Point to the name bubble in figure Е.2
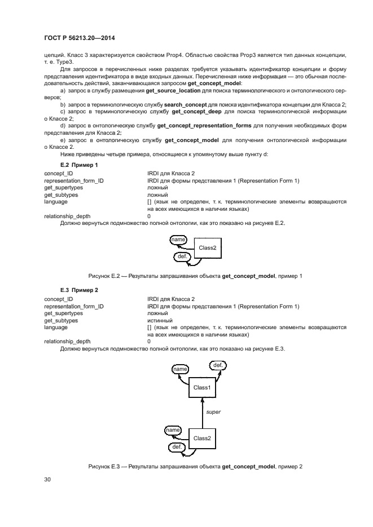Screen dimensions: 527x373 179,240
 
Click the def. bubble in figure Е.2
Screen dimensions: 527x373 183,256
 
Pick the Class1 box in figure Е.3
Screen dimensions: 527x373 202,388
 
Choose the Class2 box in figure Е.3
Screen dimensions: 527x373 202,438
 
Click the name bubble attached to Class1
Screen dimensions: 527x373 181,369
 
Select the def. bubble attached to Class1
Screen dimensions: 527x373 217,365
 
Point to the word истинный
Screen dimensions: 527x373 159,320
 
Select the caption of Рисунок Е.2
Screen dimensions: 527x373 195,276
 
